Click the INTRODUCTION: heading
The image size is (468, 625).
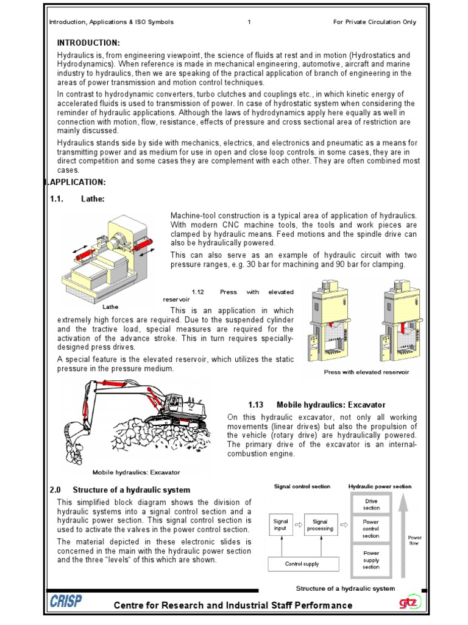coord(88,43)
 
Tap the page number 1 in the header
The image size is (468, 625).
coord(250,22)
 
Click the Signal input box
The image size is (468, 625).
coord(281,526)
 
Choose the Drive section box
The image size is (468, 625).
coord(371,505)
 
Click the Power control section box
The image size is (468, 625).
coord(371,529)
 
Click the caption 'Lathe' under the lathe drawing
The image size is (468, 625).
coord(110,306)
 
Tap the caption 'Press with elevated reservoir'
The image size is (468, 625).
coord(366,372)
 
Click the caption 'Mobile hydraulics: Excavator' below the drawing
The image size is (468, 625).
coord(136,472)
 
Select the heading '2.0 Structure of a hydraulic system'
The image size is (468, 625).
coord(119,490)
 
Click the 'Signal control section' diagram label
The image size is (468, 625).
coord(302,486)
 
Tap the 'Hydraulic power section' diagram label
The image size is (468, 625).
coord(380,486)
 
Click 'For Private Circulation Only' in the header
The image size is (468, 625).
coord(375,22)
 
